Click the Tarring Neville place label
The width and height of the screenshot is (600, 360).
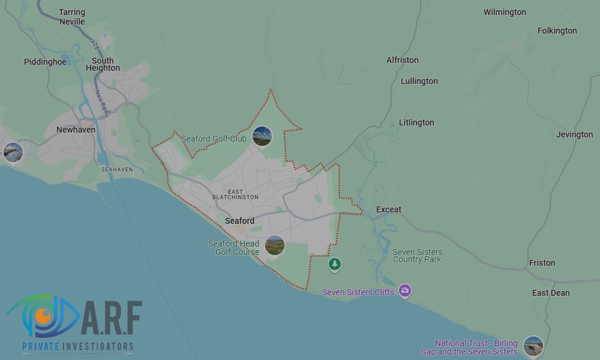72,17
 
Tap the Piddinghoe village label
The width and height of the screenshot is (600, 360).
45,62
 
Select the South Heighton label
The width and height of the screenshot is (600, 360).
103,64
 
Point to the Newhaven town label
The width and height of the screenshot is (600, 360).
76,130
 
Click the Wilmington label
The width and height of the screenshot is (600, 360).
505,12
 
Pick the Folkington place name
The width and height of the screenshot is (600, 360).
557,31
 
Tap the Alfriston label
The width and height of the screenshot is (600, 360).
403,60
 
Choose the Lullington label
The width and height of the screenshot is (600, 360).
419,81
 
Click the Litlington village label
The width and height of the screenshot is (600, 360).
416,122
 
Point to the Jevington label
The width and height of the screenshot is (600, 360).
574,134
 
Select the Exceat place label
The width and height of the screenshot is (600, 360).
389,209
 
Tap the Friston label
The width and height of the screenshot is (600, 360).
542,263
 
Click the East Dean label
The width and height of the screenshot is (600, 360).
551,293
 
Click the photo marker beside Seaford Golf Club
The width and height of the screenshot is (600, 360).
262,136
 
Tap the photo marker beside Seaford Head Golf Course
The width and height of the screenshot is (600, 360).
274,245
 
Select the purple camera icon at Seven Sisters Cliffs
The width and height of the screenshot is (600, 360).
405,291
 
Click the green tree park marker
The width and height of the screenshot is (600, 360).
335,263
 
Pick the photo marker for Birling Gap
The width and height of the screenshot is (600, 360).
533,346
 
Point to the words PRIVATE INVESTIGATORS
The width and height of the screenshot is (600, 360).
78,346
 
